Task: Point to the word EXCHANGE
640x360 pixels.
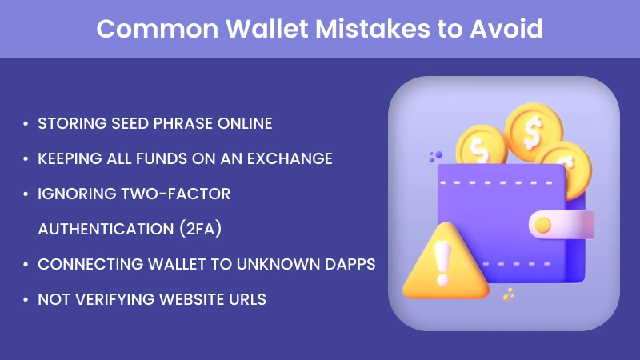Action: click(x=289, y=158)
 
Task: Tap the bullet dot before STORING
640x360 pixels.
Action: click(x=26, y=124)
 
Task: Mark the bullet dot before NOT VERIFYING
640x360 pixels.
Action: click(x=26, y=300)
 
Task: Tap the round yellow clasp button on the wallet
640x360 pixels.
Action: click(x=542, y=224)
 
